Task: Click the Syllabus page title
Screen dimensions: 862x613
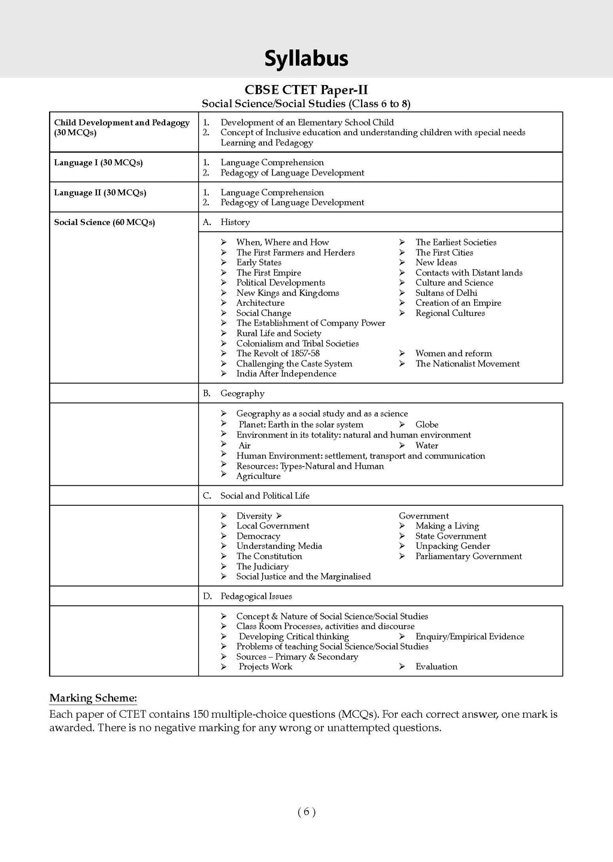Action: click(306, 59)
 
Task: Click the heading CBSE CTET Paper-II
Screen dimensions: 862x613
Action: click(306, 90)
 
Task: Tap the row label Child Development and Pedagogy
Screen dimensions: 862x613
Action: click(122, 123)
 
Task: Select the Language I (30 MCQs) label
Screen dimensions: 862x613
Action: click(98, 163)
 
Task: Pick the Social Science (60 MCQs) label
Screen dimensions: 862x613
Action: click(104, 222)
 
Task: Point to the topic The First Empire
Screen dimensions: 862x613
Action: click(268, 273)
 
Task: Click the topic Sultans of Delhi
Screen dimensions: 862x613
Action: click(446, 293)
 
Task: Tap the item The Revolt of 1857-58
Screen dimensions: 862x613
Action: click(278, 353)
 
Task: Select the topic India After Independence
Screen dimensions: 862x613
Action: click(286, 374)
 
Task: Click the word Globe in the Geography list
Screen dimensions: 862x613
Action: click(427, 424)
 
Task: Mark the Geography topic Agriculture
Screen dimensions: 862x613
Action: click(258, 476)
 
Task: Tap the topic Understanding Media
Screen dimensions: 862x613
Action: click(279, 546)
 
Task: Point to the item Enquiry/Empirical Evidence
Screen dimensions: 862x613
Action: click(469, 636)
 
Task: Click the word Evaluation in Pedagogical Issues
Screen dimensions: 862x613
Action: click(436, 666)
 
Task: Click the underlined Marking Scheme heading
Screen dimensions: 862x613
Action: click(93, 698)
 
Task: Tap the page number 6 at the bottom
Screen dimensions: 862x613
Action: click(306, 812)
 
